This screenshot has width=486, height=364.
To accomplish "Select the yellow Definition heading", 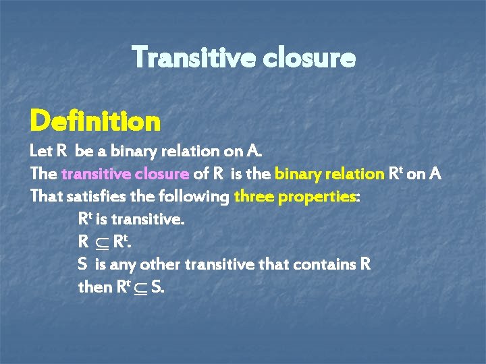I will [95, 122].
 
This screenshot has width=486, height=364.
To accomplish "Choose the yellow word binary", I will [294, 173].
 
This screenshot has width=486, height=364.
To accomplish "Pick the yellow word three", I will [255, 197].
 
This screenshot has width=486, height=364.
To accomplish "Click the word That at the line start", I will [45, 197].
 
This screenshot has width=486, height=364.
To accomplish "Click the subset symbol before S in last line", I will [140, 288].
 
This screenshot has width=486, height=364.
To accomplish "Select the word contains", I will [329, 264].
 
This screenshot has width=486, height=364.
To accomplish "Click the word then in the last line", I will [94, 286].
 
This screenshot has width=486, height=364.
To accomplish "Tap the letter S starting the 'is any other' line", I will [82, 264].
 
